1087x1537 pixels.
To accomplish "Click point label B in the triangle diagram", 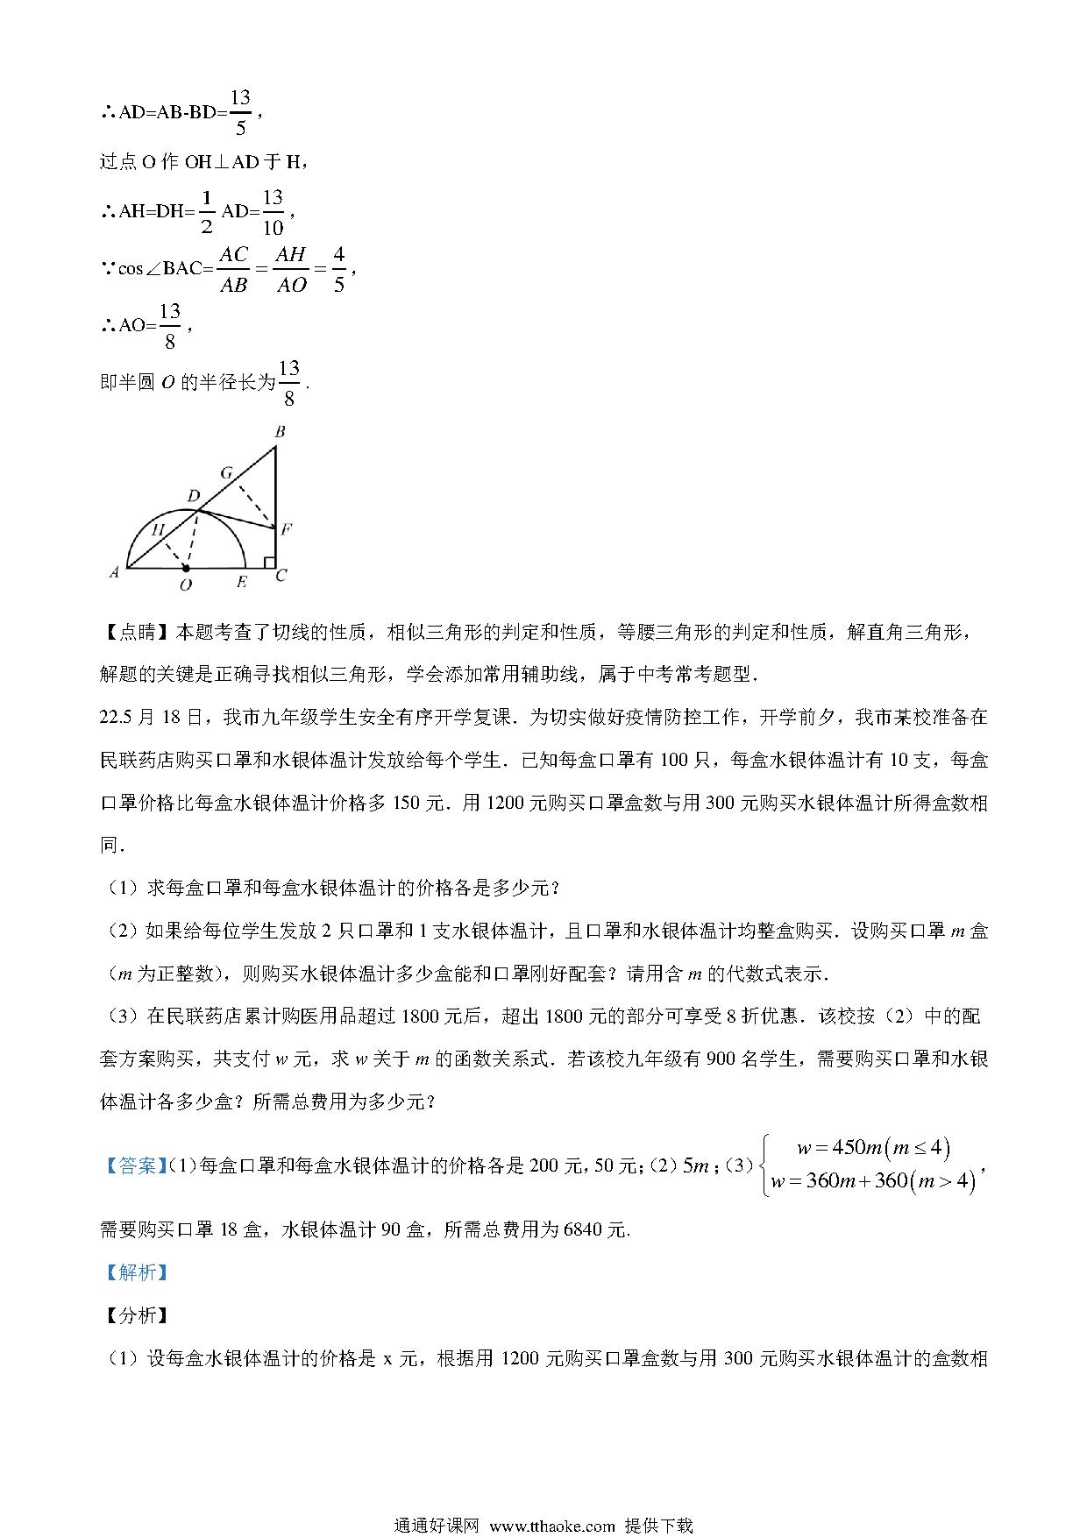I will click(280, 431).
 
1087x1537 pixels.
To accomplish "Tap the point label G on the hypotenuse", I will click(226, 473).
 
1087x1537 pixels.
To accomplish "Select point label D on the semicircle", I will click(193, 497).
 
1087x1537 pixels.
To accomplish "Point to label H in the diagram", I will click(158, 529).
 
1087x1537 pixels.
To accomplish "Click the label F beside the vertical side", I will click(286, 528).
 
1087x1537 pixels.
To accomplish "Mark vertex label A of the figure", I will click(114, 573).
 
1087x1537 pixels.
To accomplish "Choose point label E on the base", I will click(241, 582).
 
